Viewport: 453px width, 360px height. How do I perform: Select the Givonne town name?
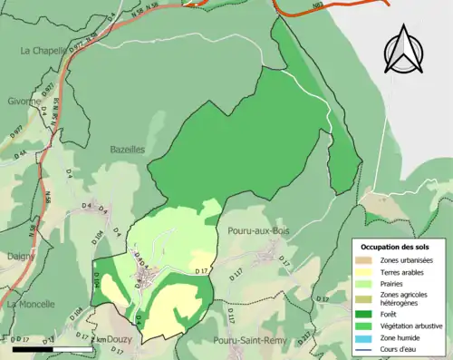click(x=24, y=102)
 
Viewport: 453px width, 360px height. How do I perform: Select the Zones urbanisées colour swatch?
click(x=366, y=259)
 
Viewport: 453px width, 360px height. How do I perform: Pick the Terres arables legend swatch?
click(x=366, y=271)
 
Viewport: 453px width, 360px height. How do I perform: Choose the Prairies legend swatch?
click(x=366, y=283)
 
